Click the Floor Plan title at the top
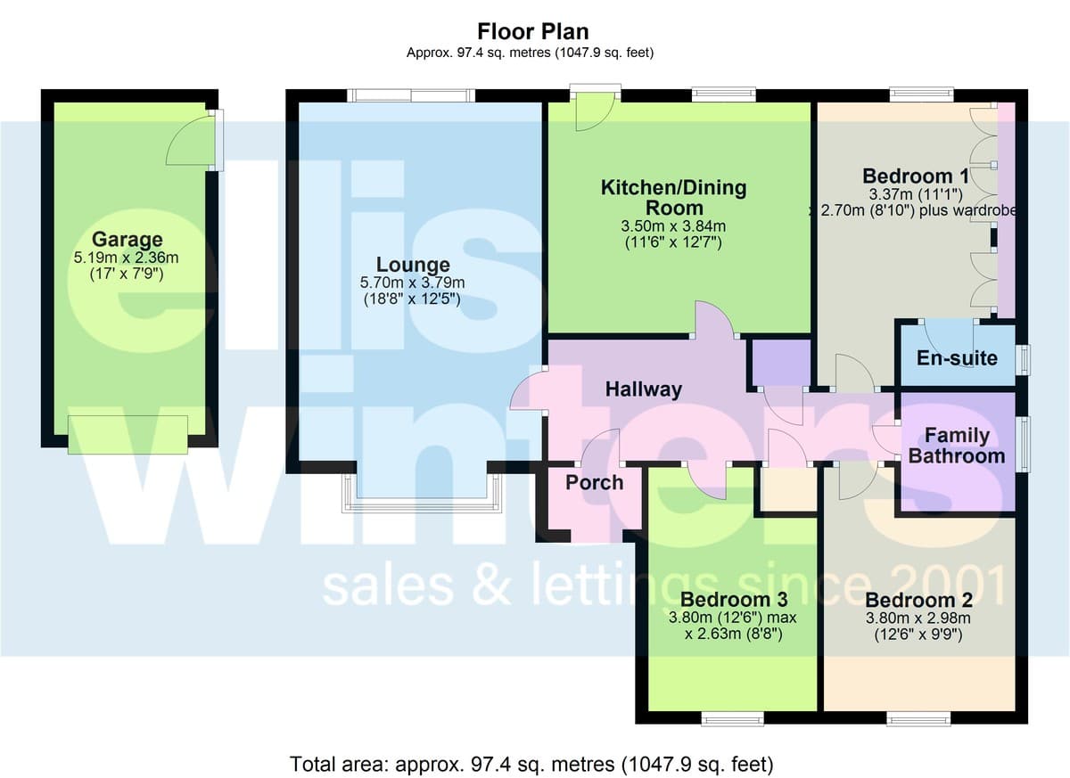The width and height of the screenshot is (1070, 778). pos(532,31)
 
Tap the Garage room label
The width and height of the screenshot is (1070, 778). pos(127,239)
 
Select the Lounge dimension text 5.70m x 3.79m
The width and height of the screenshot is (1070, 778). pos(412,283)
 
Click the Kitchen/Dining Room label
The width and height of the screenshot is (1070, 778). pos(673,198)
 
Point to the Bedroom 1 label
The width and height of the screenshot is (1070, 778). pos(916,176)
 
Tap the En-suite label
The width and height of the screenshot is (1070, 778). pos(958,358)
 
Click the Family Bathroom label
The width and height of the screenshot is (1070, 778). pos(957,446)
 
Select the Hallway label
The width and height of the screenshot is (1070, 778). pos(644,389)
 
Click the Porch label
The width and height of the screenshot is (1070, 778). pos(594,482)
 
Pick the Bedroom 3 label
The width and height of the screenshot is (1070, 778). pos(734,599)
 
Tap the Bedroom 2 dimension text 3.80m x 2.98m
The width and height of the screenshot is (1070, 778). pos(918,618)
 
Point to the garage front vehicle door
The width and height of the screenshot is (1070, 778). pos(128,434)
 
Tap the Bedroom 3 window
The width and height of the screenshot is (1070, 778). pos(733,719)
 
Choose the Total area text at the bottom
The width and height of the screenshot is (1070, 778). pos(531,764)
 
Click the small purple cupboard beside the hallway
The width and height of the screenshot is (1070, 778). pos(781,363)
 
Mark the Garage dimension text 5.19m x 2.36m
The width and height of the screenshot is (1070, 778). pos(126,258)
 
